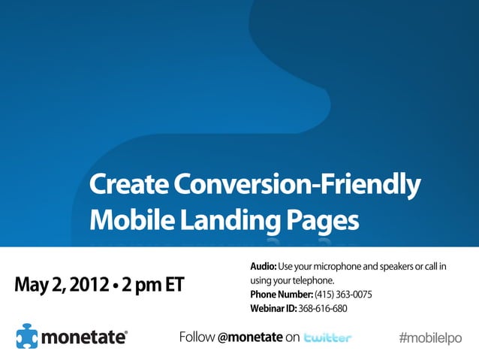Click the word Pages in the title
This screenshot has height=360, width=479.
(x=322, y=219)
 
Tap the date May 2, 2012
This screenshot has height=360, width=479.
(x=63, y=286)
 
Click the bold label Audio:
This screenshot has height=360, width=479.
(x=264, y=267)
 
